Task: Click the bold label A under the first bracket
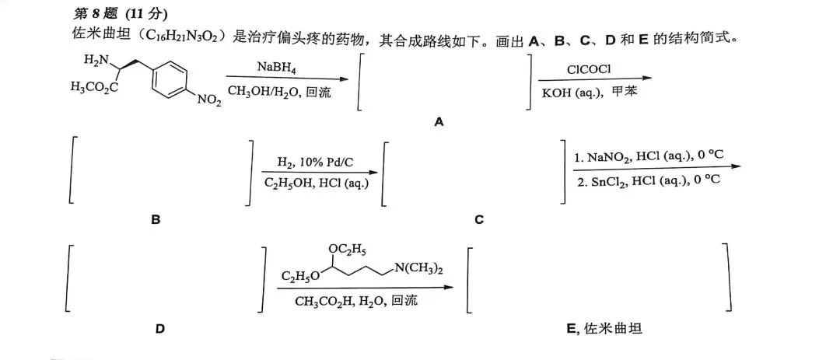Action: tap(439, 123)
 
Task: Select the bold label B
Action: tap(156, 220)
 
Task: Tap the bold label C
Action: tap(479, 220)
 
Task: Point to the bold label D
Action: tap(160, 329)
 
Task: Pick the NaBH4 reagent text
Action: tap(276, 68)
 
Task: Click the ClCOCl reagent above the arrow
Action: tap(589, 69)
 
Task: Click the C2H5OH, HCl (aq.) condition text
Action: tap(315, 183)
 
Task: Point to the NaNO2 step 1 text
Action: tap(649, 157)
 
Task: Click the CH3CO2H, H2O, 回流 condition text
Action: tap(355, 301)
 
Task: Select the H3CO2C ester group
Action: tap(94, 87)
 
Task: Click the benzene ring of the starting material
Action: tap(166, 81)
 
